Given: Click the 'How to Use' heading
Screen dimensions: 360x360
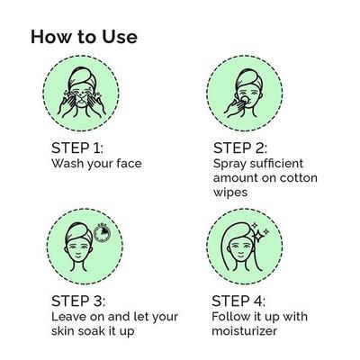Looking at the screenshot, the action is [x=84, y=37].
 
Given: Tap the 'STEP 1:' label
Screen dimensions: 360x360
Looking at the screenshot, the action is [x=77, y=148].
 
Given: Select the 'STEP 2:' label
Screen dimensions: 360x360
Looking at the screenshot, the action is [x=240, y=148].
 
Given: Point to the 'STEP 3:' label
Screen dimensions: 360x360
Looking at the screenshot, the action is [x=78, y=301].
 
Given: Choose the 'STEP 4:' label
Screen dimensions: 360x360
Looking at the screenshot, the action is [x=238, y=301].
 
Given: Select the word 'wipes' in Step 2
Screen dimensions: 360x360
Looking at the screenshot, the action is [x=230, y=193].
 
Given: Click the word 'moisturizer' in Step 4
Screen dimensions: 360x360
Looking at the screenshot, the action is [x=244, y=331].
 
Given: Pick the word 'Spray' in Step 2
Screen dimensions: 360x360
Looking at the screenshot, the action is [x=229, y=164].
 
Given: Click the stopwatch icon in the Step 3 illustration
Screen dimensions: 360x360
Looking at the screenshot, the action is [x=103, y=233].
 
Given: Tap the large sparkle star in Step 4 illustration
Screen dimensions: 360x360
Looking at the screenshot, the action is [x=259, y=235].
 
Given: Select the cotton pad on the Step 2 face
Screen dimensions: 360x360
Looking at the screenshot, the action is [x=245, y=98].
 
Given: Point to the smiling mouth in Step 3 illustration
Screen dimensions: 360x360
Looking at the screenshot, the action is [x=78, y=256].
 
